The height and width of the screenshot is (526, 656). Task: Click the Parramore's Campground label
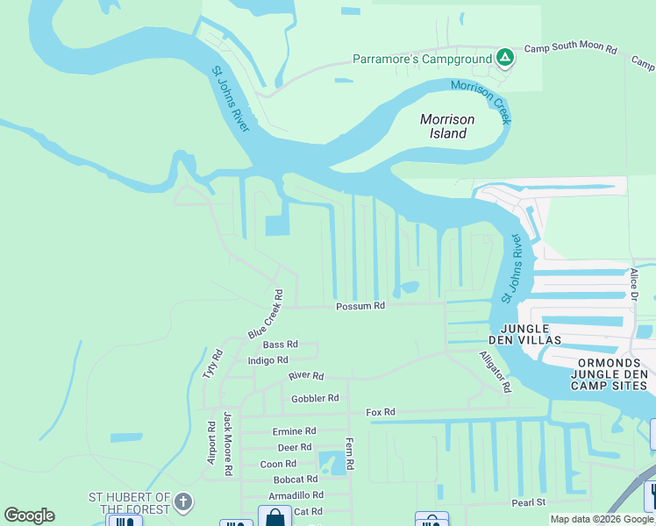(x=421, y=59)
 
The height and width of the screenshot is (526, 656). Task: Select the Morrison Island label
(x=446, y=126)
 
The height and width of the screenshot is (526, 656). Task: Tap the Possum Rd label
(x=360, y=306)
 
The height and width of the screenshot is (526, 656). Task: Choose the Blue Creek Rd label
(x=266, y=315)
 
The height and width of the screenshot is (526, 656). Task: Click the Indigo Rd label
(x=267, y=360)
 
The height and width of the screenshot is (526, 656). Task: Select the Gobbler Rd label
(x=314, y=398)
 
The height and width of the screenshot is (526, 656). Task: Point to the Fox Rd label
(x=381, y=412)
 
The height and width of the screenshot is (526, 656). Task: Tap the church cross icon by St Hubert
(x=182, y=501)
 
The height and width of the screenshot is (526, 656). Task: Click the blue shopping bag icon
(x=275, y=517)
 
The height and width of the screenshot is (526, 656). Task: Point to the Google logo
(x=29, y=515)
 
